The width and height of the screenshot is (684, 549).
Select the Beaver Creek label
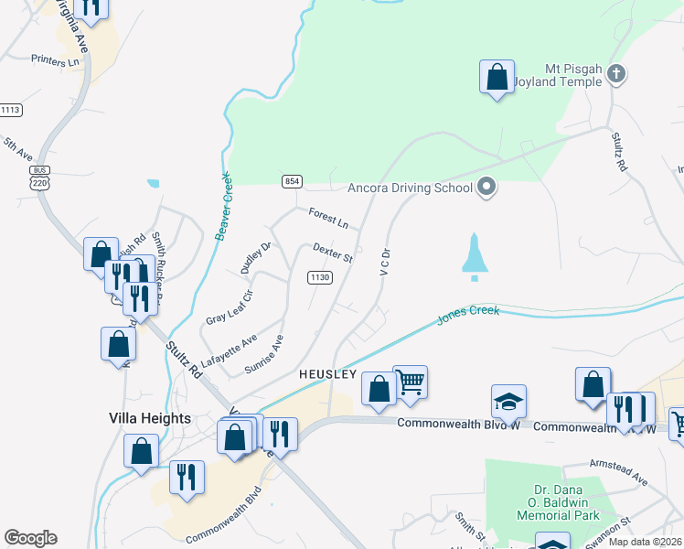(221, 209)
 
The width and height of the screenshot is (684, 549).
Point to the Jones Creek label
(467, 313)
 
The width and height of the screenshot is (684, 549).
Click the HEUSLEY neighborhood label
(327, 375)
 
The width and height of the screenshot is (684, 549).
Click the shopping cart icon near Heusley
(411, 382)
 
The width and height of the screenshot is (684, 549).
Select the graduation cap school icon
(508, 401)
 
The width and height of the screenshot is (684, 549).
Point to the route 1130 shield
(319, 277)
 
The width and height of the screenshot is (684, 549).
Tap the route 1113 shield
(10, 110)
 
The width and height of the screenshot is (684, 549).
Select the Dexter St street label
(332, 253)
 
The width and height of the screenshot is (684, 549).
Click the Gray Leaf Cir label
(228, 306)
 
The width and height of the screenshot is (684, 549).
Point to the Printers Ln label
(56, 61)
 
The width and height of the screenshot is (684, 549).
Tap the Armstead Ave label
(618, 472)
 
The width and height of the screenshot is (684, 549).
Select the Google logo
(30, 538)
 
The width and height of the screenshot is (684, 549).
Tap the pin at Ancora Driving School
(486, 188)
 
